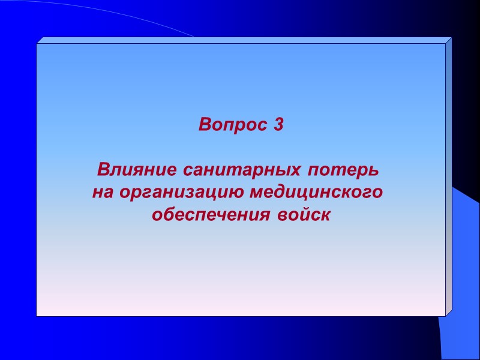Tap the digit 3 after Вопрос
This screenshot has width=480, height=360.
click(277, 125)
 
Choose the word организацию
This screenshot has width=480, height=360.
click(180, 193)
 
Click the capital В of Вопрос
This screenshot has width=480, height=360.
click(205, 125)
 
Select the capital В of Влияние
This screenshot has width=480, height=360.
click(103, 170)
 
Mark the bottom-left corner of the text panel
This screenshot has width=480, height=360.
click(37, 315)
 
